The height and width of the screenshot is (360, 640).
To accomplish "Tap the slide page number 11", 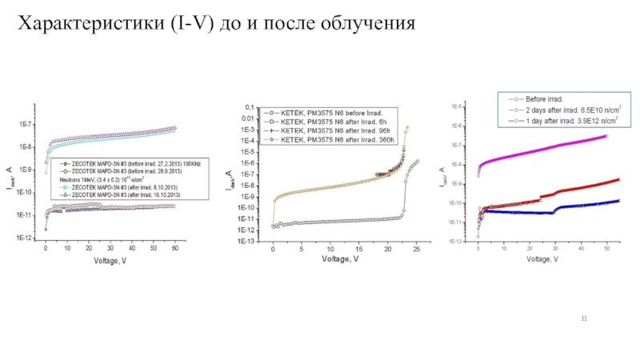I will (584, 320).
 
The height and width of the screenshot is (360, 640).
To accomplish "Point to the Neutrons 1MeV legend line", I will (104, 179).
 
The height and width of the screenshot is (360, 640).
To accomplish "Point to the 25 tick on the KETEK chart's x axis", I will (415, 250).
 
